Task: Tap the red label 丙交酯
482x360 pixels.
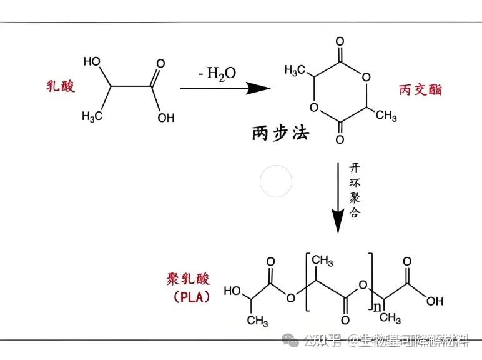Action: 420,89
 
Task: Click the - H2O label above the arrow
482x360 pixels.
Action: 217,74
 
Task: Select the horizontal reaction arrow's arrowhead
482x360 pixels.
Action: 258,88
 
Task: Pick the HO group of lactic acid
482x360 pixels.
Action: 92,61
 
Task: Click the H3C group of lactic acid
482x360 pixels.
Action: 91,116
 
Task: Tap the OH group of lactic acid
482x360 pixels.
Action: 166,117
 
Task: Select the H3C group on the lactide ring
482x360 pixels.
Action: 294,69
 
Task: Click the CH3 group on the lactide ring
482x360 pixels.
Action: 386,115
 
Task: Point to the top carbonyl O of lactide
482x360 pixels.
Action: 340,43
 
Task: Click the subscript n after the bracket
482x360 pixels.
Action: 377,306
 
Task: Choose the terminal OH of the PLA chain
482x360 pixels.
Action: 434,301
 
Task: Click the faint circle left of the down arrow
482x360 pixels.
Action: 276,182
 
